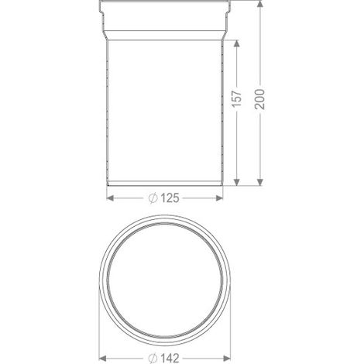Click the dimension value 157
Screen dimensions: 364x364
[x=237, y=98]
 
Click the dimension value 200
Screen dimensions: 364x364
[x=260, y=99]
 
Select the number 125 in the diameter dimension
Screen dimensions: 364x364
[x=170, y=198]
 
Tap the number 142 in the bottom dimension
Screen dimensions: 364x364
[x=170, y=358]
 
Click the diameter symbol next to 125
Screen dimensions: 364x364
[x=153, y=198]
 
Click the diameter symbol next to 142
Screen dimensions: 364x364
[x=153, y=359]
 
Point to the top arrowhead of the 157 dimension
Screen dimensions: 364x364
[x=237, y=43]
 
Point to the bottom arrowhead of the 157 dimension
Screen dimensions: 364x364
[x=237, y=182]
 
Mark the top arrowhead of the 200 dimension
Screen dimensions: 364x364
[x=260, y=4]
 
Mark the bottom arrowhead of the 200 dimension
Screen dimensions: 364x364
[x=260, y=182]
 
